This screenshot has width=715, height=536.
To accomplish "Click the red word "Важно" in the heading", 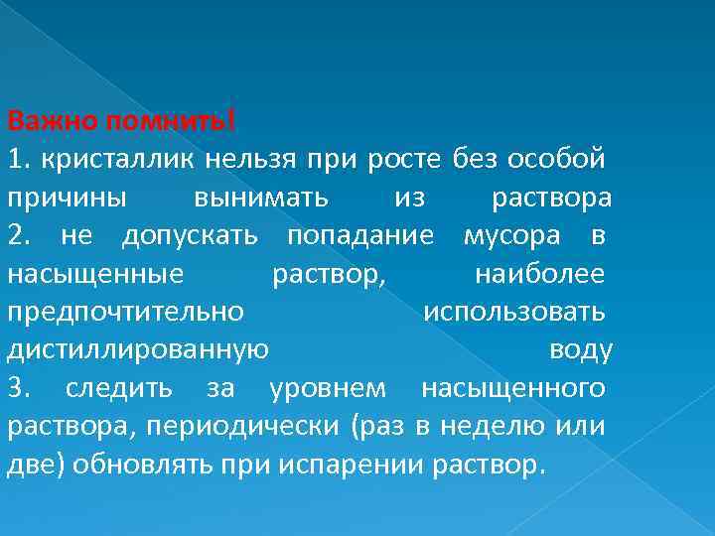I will point(41,121).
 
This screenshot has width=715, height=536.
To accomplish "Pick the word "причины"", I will point(67,198).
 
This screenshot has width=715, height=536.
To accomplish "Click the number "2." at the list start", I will point(19,235).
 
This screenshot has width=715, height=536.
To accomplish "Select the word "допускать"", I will point(190,236).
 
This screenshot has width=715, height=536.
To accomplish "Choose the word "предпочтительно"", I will point(125,312).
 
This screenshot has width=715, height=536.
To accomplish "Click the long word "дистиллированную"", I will point(137,350).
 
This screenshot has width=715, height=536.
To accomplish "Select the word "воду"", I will point(581,350).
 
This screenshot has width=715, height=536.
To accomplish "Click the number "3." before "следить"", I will point(19,388).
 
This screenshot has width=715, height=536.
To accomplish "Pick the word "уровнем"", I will point(331,388).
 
